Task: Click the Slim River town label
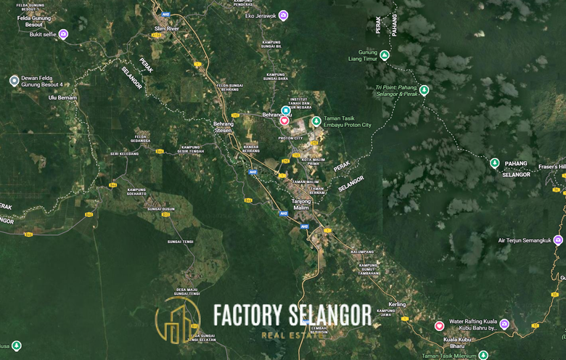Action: click(168, 28)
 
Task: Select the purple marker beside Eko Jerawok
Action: click(283, 15)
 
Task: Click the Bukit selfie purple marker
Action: click(63, 34)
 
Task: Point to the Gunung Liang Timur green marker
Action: click(385, 55)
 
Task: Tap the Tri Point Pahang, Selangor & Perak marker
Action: click(424, 90)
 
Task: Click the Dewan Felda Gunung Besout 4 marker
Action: click(14, 81)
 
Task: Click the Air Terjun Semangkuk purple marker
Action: click(557, 240)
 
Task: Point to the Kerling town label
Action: click(397, 304)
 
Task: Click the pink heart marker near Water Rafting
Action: click(439, 326)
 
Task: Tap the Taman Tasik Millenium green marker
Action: click(483, 355)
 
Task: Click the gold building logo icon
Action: click(178, 321)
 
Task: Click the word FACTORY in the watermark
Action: click(247, 315)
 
